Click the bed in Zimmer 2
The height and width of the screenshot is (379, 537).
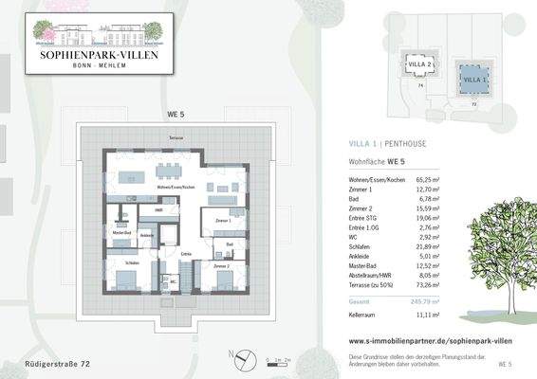[225, 281]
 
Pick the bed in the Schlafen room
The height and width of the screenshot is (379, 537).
[126, 280]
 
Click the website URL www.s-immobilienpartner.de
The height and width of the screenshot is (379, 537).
[417, 338]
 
